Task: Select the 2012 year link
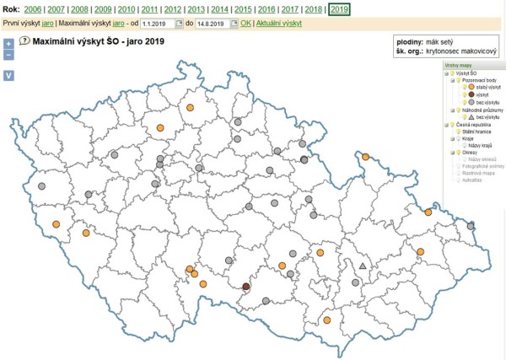[x=172, y=8]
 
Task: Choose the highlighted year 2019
[x=339, y=8]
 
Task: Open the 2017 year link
[x=289, y=8]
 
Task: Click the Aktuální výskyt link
[x=279, y=24]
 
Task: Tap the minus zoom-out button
[x=8, y=55]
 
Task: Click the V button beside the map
[x=8, y=75]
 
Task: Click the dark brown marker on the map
[x=246, y=287]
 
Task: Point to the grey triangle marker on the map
[x=363, y=266]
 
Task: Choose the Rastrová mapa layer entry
[x=476, y=173]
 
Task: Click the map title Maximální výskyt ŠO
[x=101, y=40]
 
